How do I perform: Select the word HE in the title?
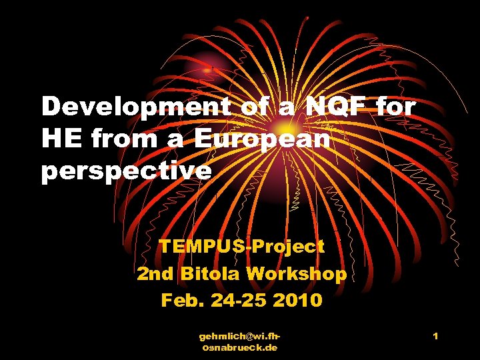(x=59, y=139)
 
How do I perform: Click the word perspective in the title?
(x=127, y=171)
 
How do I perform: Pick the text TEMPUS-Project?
(x=241, y=246)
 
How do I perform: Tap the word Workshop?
(x=296, y=273)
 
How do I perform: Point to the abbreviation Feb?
(x=180, y=301)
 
